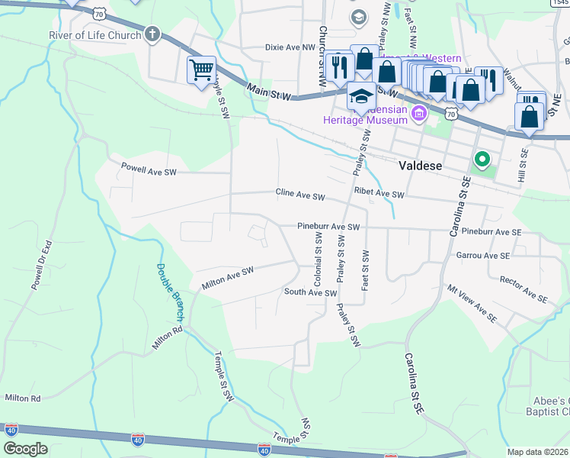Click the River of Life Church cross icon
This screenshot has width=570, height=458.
(152, 34)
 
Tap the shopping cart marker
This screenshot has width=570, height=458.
(201, 70)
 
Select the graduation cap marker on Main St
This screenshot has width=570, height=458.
(361, 96)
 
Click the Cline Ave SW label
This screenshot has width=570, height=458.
(300, 196)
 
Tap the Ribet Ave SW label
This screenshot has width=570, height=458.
(379, 195)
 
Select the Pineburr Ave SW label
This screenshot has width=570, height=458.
(328, 227)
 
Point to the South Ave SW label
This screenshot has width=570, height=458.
(310, 292)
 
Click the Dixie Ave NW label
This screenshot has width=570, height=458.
(290, 47)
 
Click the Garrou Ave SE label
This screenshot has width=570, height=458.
(483, 256)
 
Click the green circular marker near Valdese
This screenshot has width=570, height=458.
(481, 160)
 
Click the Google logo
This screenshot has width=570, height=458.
(25, 449)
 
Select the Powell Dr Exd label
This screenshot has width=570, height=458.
(40, 266)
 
